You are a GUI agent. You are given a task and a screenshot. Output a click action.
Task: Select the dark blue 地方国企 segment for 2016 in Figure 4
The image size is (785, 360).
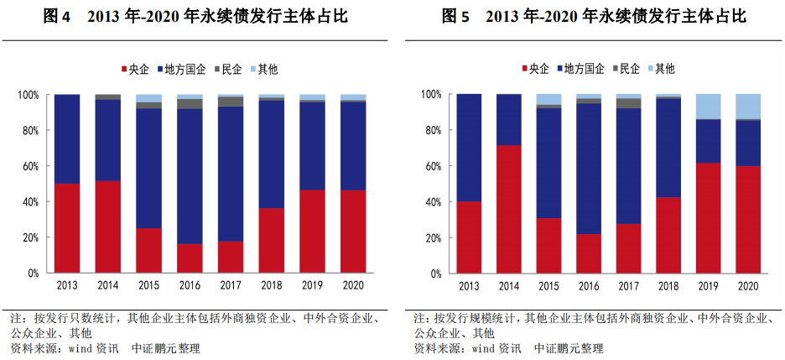[190, 176]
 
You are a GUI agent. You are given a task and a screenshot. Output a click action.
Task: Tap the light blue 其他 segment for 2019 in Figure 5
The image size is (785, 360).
[709, 107]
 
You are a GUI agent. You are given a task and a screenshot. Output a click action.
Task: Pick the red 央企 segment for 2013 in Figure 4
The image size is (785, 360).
[67, 227]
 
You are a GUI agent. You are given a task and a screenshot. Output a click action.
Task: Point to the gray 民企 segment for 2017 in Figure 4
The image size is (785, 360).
[230, 102]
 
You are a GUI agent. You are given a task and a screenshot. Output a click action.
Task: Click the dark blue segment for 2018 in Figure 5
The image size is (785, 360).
[668, 148]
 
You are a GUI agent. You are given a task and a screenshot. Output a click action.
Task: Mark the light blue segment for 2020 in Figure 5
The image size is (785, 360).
[749, 107]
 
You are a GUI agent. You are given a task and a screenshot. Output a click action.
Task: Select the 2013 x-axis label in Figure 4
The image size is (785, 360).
[67, 285]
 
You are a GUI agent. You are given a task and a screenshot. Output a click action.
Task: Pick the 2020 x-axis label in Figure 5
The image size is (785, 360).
[749, 285]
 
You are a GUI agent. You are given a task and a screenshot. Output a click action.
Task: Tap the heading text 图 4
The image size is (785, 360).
[57, 17]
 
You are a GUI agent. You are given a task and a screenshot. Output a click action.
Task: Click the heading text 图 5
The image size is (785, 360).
[455, 17]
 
